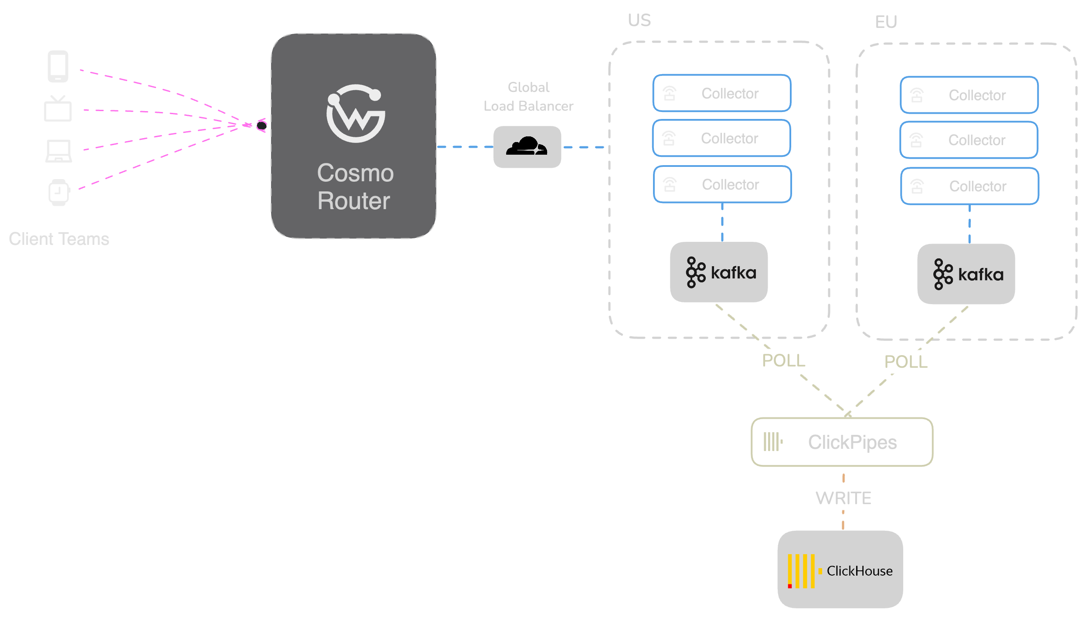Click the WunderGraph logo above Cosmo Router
click(x=356, y=113)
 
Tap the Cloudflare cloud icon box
click(x=527, y=147)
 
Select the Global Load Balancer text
click(x=528, y=97)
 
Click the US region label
click(x=639, y=20)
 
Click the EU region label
click(x=886, y=22)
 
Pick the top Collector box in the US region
click(x=722, y=93)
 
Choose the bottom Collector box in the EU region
click(x=969, y=186)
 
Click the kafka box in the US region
click(x=719, y=272)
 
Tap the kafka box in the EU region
click(x=966, y=274)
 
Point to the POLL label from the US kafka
click(x=783, y=361)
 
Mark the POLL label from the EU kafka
click(x=906, y=362)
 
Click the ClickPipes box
click(x=842, y=442)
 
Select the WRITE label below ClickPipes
click(x=843, y=498)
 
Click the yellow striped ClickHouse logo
click(x=801, y=571)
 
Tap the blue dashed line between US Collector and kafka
click(x=722, y=222)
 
